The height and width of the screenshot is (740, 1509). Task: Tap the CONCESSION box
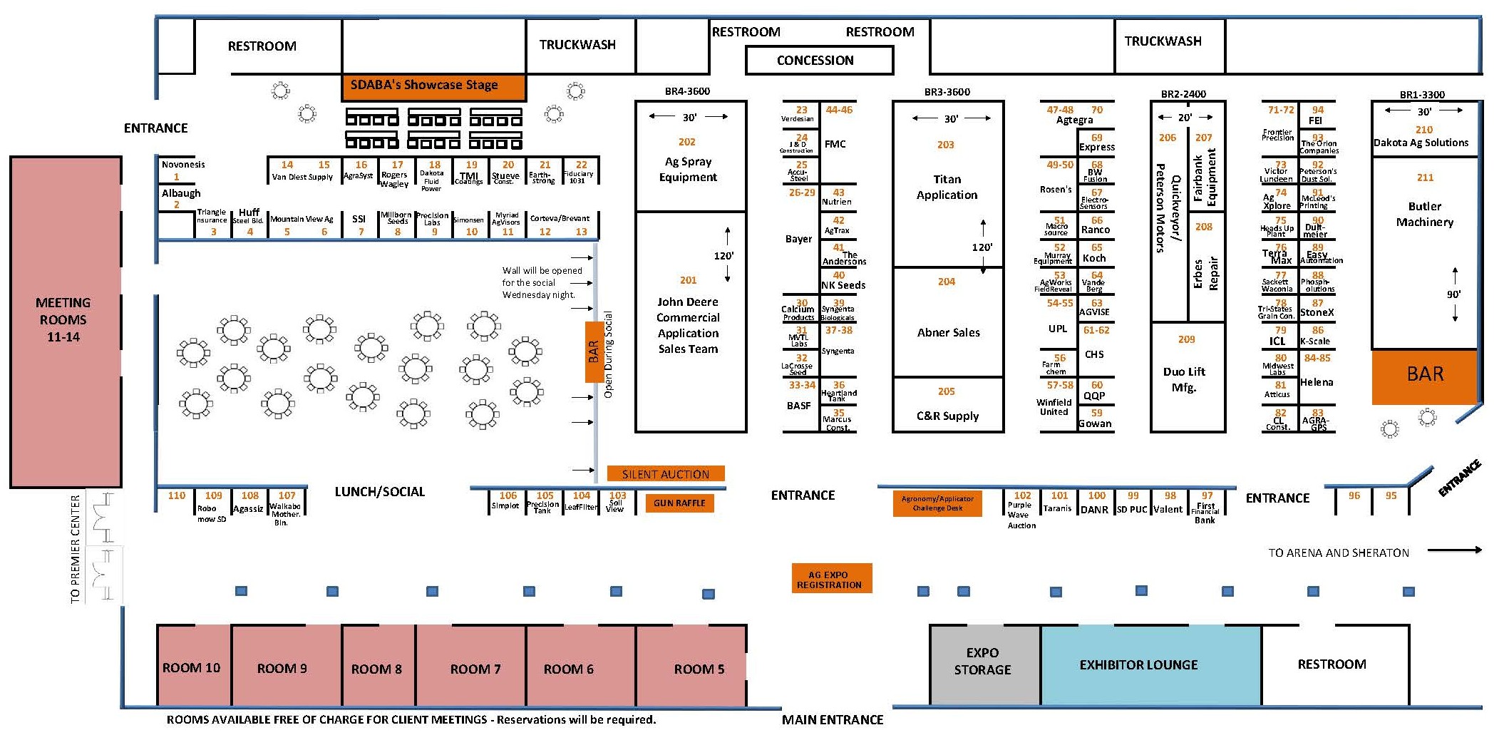[x=819, y=61]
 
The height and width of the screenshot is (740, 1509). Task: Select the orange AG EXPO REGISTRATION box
[x=831, y=579]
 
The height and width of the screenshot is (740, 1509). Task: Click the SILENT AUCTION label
[x=665, y=474]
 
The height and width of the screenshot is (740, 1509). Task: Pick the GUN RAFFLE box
[x=679, y=503]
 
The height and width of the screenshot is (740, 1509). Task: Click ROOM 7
[x=475, y=668]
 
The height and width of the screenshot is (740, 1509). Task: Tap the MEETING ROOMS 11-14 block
[x=65, y=321]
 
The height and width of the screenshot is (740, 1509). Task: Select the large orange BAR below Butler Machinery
[x=1424, y=375]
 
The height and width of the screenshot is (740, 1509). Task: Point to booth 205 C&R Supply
[x=947, y=405]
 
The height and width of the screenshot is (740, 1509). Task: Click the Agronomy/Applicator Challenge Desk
[x=937, y=503]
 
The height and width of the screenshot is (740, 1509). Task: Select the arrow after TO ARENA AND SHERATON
[x=1454, y=550]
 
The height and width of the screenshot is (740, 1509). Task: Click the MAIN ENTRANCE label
[x=832, y=720]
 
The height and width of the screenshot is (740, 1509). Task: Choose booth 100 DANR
[x=1096, y=503]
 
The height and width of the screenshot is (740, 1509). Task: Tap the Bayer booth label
[x=799, y=239]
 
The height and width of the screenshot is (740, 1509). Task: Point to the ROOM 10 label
[x=191, y=668]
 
